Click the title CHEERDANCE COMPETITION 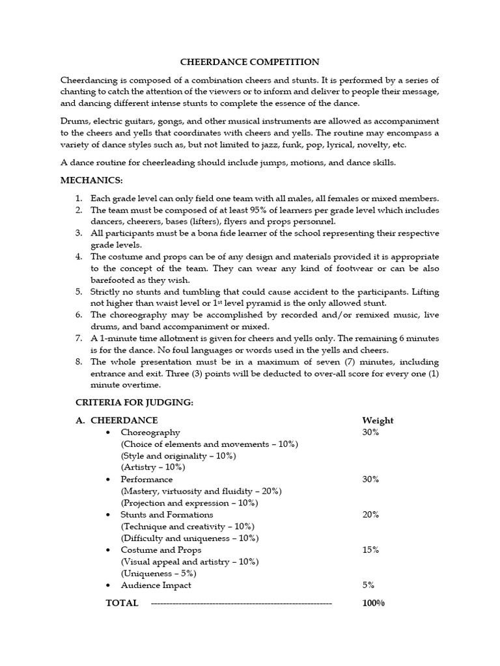click(x=250, y=62)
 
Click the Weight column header click(x=378, y=421)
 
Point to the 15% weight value click(x=370, y=550)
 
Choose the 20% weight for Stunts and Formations click(x=370, y=514)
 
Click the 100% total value click(x=373, y=603)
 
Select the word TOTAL click(x=122, y=603)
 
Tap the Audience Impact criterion click(x=156, y=585)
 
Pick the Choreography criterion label click(x=150, y=433)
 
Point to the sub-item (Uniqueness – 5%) click(x=159, y=573)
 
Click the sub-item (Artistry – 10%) click(x=153, y=468)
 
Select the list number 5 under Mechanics click(x=78, y=292)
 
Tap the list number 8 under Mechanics click(x=78, y=362)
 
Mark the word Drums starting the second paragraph click(x=74, y=122)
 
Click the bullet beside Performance click(x=108, y=479)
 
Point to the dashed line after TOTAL click(x=241, y=604)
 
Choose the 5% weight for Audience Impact click(x=368, y=585)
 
